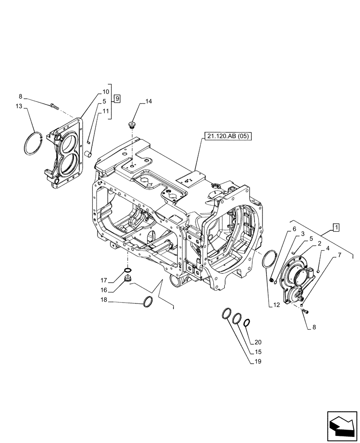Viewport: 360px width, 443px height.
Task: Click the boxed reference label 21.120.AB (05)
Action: (x=228, y=136)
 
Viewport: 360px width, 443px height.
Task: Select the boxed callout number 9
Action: (x=117, y=98)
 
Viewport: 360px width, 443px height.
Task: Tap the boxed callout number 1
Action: (x=337, y=227)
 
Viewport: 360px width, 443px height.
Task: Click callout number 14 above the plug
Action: (x=148, y=101)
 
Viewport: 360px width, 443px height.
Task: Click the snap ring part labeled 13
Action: (x=31, y=143)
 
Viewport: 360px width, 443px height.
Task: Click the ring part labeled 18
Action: (x=149, y=302)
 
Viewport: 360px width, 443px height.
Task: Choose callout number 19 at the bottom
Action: (x=258, y=362)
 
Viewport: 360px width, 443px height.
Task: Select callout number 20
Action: (x=258, y=342)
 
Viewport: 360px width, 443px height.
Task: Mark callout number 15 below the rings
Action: (x=258, y=352)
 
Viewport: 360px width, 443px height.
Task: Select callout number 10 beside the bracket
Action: (x=106, y=92)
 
